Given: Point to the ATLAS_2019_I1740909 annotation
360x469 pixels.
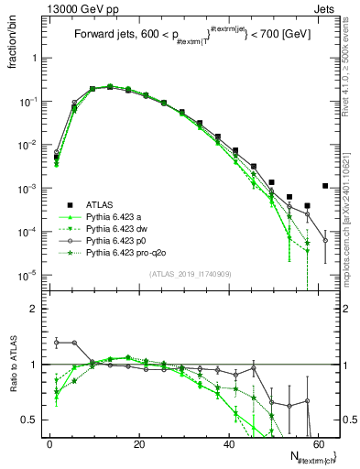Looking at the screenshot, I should point(191,274).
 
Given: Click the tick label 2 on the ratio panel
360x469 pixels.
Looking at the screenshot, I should point(34,309).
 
